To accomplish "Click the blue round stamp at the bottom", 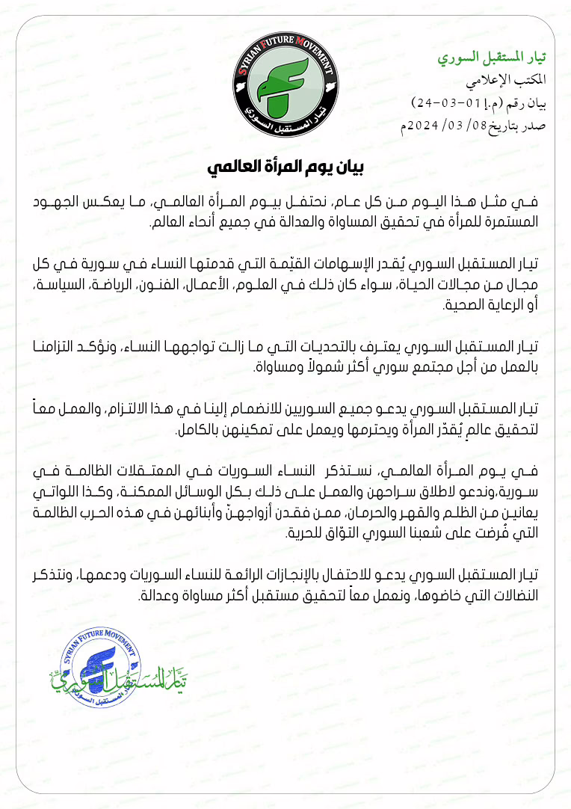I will [98, 665].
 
